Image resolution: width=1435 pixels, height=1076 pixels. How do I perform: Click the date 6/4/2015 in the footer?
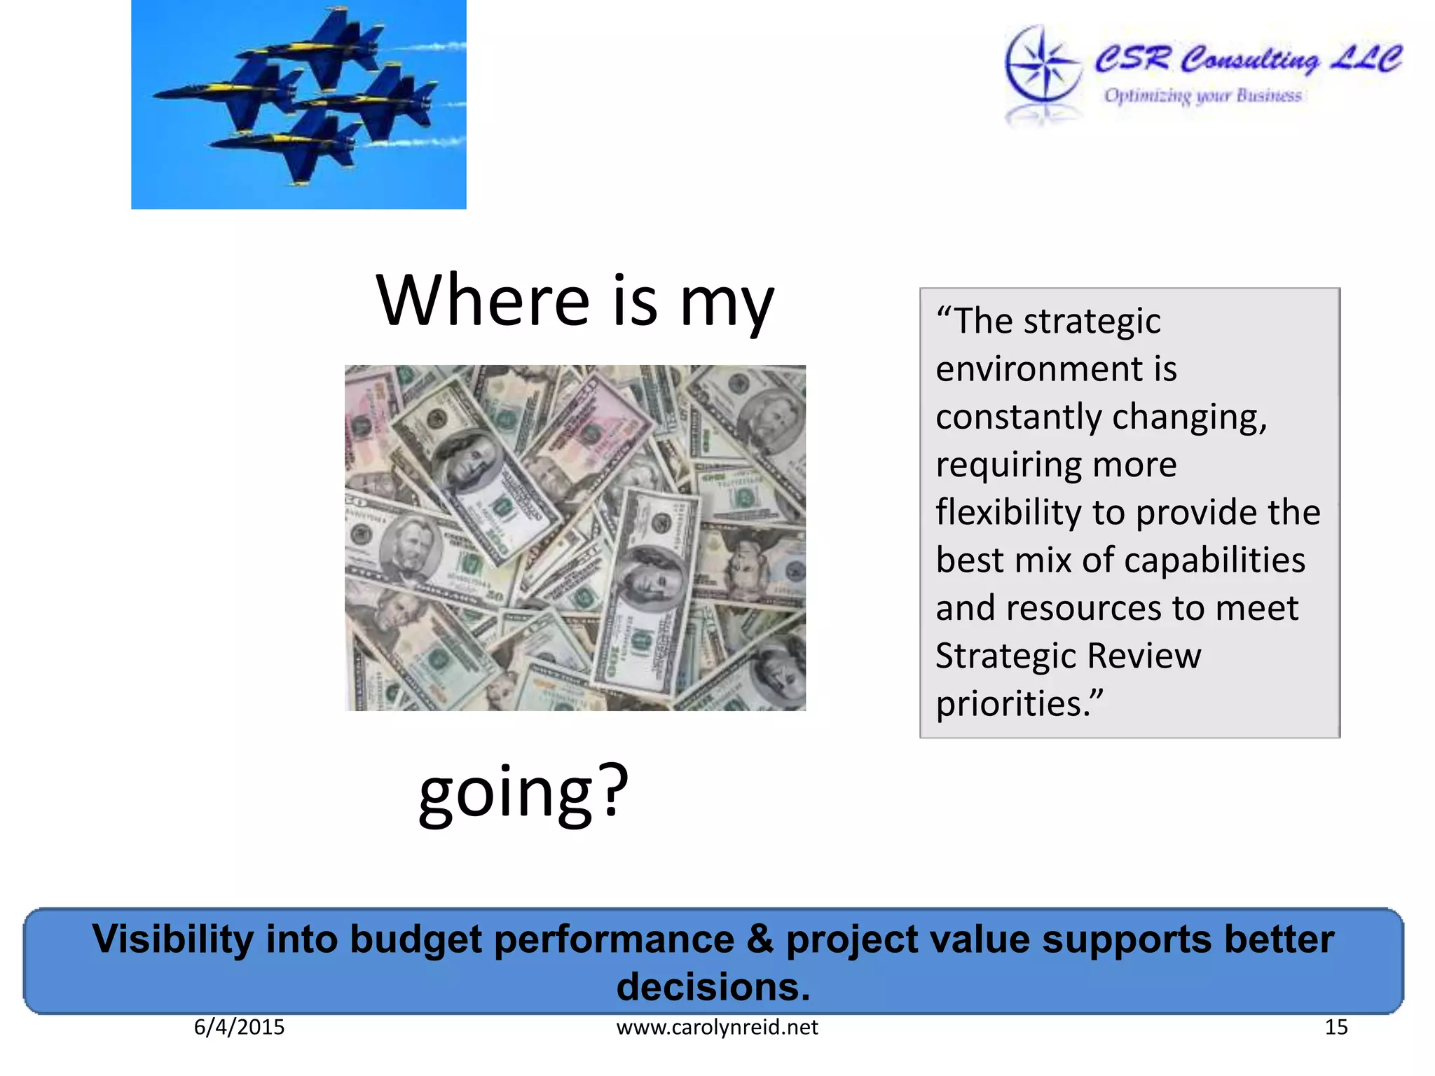[x=239, y=1027]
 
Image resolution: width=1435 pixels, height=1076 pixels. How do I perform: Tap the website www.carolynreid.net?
[x=717, y=1027]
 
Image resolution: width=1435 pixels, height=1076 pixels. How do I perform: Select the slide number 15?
[x=1336, y=1027]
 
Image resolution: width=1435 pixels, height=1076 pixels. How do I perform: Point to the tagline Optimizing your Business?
[x=1202, y=95]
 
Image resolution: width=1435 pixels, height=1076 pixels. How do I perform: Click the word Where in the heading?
[x=483, y=301]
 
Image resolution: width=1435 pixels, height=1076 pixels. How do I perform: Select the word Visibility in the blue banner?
[x=172, y=939]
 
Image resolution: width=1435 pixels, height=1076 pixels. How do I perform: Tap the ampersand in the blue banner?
[x=760, y=939]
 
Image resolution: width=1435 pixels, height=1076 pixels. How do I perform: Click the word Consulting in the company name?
[x=1249, y=60]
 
